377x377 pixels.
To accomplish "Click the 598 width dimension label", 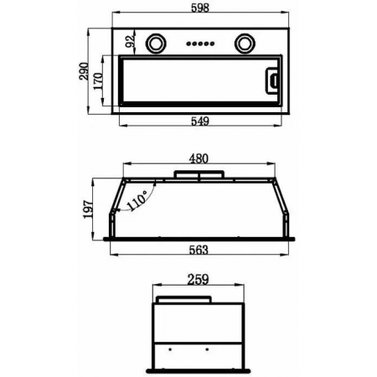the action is coord(200,8).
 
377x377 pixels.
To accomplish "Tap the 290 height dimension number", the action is coord(84,71).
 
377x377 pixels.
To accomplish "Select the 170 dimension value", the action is coord(98,81).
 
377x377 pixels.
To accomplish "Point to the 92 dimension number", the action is coord(130,41).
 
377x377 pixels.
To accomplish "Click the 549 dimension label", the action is coord(200,121).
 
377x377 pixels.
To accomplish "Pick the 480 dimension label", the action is coord(199,158).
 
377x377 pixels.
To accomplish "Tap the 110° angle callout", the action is coord(137,200).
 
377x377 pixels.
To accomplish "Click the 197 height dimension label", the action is coord(88,209).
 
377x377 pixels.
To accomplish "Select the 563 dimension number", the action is coord(199,250).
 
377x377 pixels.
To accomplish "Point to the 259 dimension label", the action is coord(198,279).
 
